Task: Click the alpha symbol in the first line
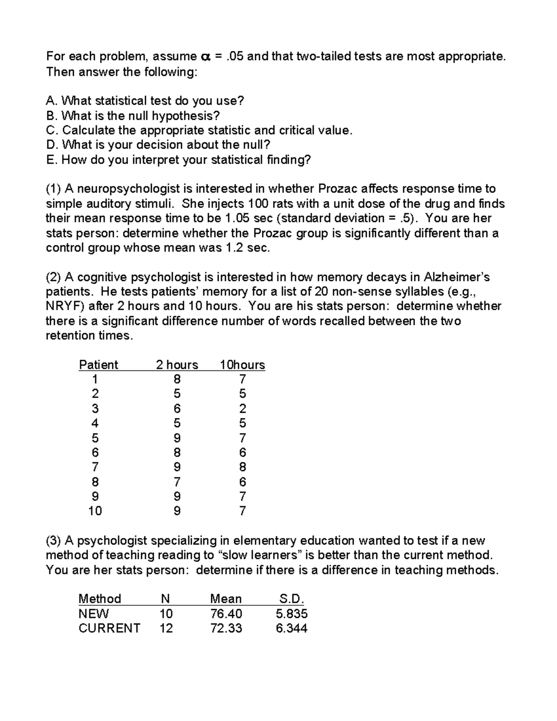coord(205,57)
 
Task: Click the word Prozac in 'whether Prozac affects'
coord(337,189)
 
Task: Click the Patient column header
coord(98,365)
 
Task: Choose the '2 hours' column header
coord(177,365)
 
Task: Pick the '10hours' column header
coord(242,365)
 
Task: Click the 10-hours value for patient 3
coord(242,409)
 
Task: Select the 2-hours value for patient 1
coord(177,379)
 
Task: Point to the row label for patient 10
coord(95,511)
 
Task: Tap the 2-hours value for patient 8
coord(177,482)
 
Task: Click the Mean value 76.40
coord(226,614)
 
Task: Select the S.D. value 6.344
coord(291,629)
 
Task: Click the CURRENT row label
coord(109,629)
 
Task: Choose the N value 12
coord(166,629)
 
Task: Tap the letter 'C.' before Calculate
coord(52,130)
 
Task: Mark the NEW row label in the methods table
coord(93,614)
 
